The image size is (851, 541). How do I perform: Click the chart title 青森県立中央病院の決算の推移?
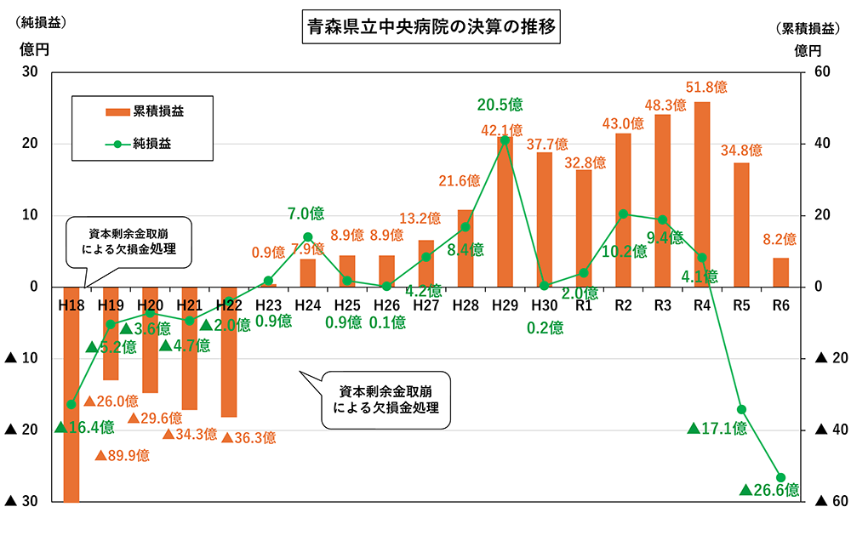[x=431, y=27]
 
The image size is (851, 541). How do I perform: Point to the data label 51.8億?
[x=707, y=88]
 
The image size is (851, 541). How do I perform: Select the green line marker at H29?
[x=505, y=140]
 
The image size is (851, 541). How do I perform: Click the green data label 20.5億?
[x=500, y=105]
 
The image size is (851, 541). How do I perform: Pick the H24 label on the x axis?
[x=307, y=305]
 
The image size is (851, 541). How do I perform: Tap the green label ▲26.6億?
[x=769, y=490]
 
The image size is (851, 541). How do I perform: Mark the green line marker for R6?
[x=780, y=477]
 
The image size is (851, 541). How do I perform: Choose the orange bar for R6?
[x=780, y=272]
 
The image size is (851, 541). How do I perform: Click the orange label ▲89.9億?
[x=122, y=456]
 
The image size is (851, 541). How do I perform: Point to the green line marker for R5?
[x=741, y=410]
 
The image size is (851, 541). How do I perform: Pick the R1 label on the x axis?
[x=583, y=305]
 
